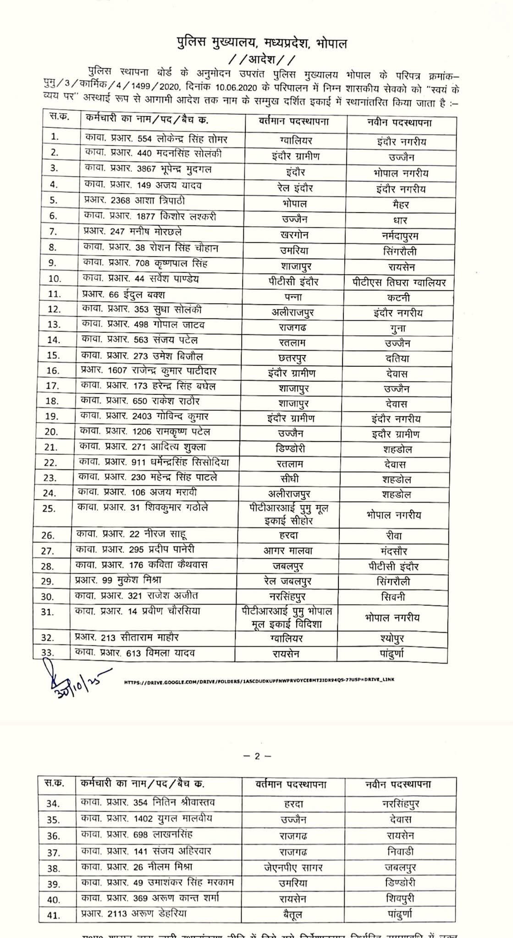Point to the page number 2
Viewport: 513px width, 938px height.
tap(257, 756)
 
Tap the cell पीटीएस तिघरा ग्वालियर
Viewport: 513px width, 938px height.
tap(396, 282)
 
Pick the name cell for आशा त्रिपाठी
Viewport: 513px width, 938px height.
tap(134, 201)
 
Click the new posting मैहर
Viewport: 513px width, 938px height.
tap(397, 204)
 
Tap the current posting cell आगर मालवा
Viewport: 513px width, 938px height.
tap(288, 551)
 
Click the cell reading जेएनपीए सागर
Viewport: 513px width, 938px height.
tap(293, 867)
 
